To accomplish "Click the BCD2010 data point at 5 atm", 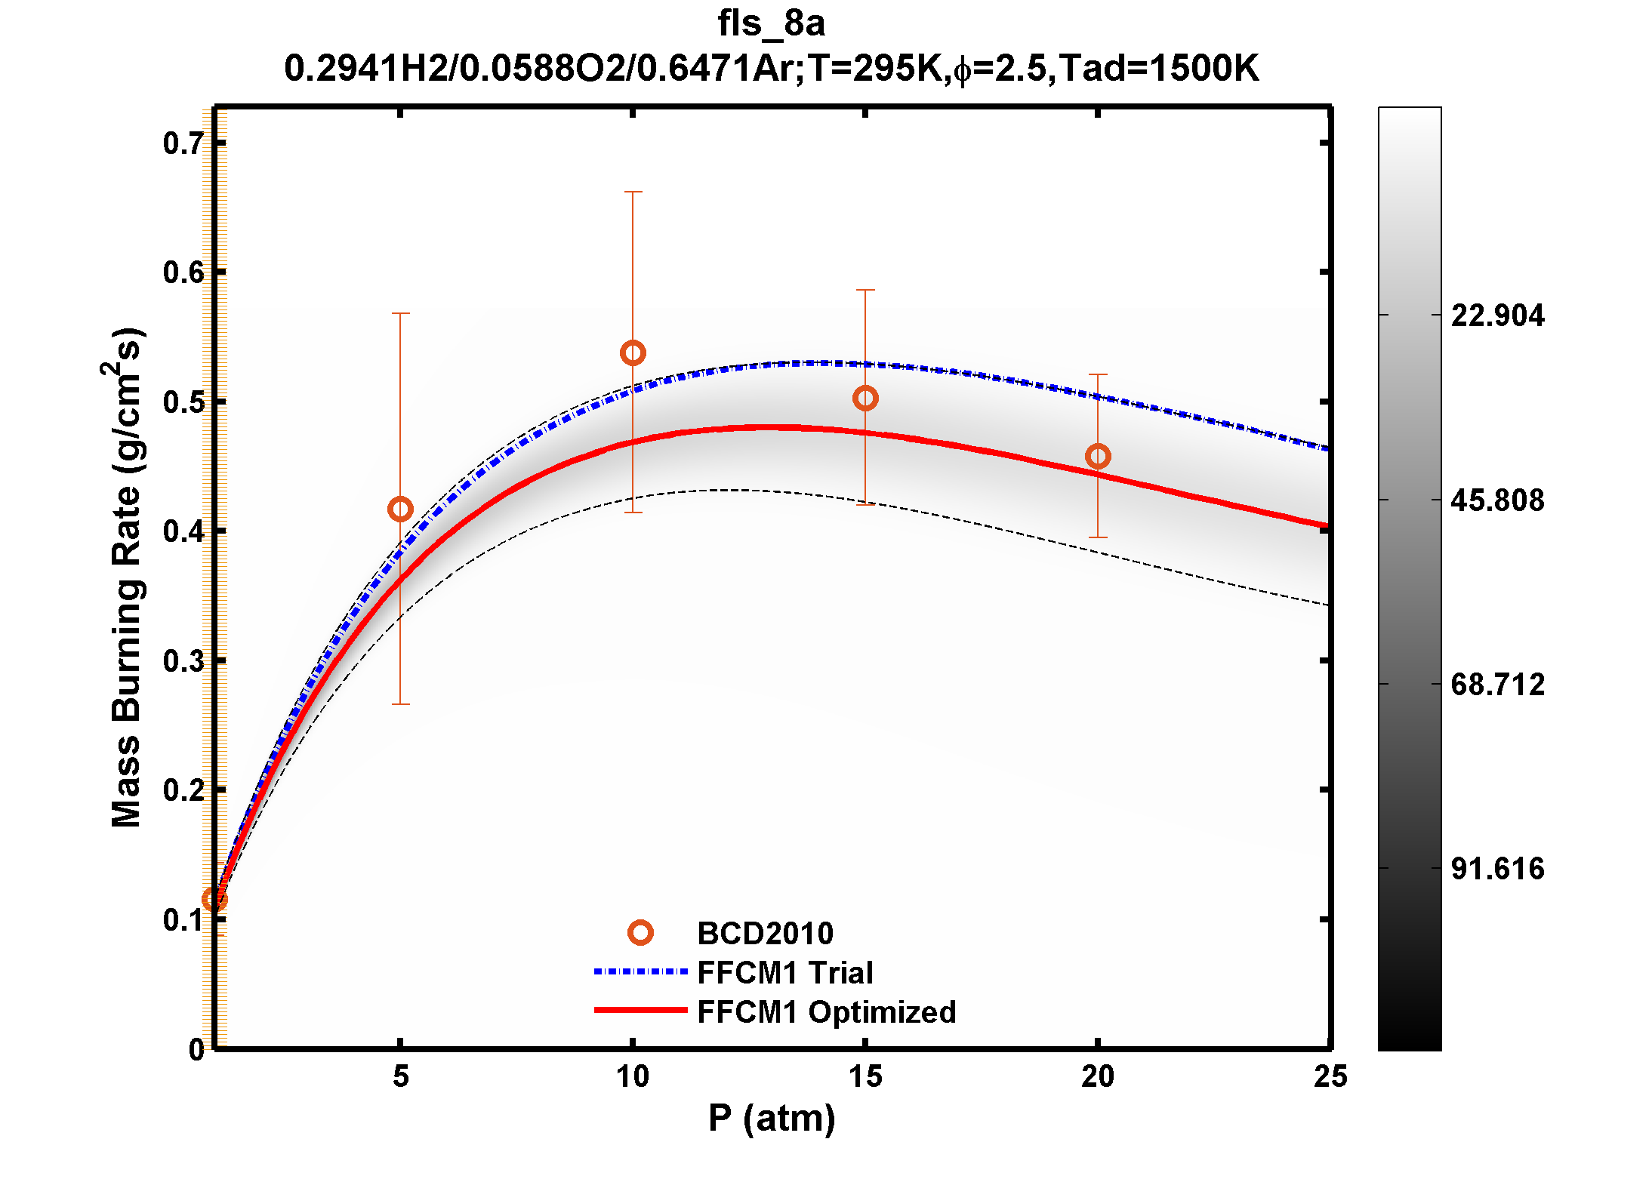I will point(400,509).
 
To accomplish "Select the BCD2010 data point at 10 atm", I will point(633,353).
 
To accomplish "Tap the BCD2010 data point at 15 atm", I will point(865,399).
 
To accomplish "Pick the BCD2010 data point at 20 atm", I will point(1098,457).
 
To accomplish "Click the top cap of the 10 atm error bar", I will point(633,192).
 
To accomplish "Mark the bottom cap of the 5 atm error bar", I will point(400,704).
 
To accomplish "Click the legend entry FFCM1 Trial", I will point(784,973).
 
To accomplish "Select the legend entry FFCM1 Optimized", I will point(826,1012).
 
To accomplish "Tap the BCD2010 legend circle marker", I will point(640,934).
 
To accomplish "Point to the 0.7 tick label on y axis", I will point(183,143).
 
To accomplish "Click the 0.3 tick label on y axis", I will point(183,661).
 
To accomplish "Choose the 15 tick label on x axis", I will point(865,1077).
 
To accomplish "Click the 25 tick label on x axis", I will point(1330,1077).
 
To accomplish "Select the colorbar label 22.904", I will point(1497,316).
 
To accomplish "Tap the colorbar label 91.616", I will point(1497,869).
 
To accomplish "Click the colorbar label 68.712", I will point(1497,685).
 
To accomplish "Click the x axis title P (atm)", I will point(772,1118).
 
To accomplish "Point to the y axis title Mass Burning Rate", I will point(126,578).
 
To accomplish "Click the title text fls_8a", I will point(771,23).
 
